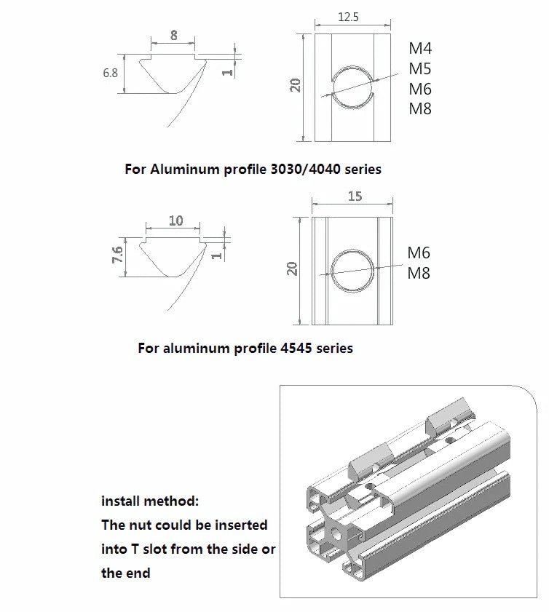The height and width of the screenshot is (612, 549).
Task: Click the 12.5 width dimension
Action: tap(349, 17)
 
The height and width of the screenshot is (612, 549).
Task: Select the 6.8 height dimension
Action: tap(110, 73)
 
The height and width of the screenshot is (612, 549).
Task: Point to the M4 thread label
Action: tap(420, 49)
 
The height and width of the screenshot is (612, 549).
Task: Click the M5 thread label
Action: tap(420, 69)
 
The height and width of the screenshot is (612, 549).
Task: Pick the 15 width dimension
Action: tap(355, 196)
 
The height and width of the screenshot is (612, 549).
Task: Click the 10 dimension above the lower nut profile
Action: tap(175, 220)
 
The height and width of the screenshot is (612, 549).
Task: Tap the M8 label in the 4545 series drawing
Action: tap(419, 274)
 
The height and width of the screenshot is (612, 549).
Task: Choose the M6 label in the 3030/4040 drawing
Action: tap(420, 89)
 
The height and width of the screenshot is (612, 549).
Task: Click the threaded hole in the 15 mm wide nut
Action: tap(353, 271)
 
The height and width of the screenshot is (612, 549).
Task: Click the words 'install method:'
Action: tap(149, 501)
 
